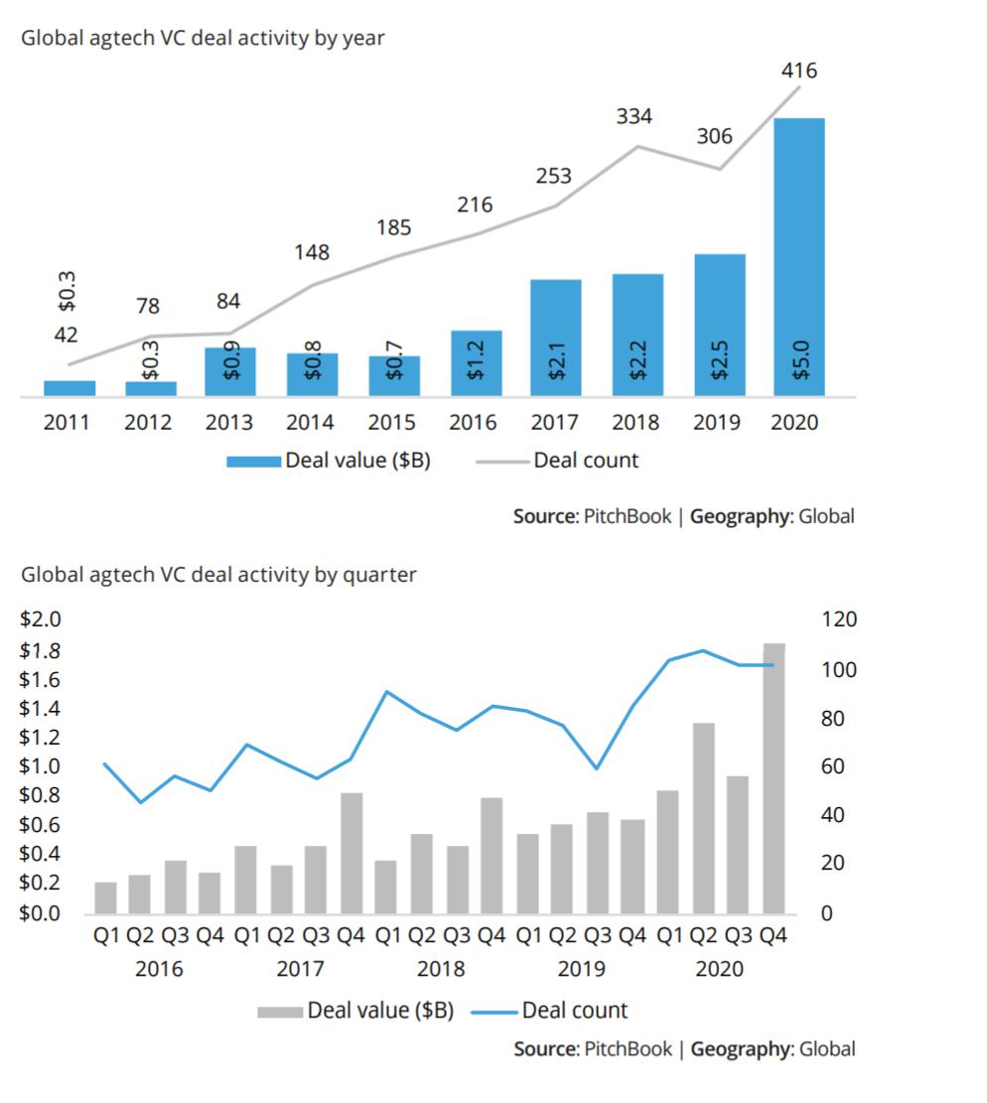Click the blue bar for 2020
click(799, 258)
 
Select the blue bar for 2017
click(555, 338)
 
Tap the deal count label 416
click(799, 70)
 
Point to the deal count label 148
click(311, 252)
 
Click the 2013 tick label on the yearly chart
click(229, 423)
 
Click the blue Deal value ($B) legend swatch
click(253, 461)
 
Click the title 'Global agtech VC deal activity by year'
click(203, 39)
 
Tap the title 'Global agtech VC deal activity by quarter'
click(218, 575)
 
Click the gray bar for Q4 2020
click(774, 777)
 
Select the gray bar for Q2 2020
click(704, 817)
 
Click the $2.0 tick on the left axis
click(41, 620)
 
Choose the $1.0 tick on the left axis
click(41, 766)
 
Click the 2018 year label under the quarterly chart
click(440, 968)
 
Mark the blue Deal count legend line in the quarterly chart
click(493, 1012)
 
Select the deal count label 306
click(713, 137)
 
